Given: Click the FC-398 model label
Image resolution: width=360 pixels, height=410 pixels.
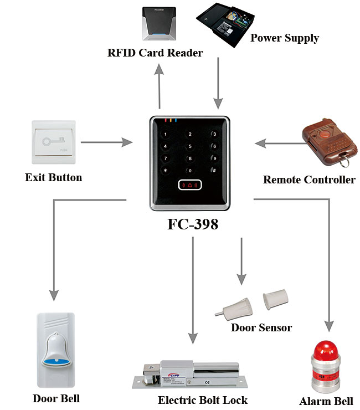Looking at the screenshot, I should (x=191, y=224).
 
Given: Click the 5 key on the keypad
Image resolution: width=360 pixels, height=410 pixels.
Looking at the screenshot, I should (x=190, y=146).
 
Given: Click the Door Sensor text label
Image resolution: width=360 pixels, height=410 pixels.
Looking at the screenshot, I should (x=261, y=327).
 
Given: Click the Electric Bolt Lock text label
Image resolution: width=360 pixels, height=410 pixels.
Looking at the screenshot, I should (x=202, y=400).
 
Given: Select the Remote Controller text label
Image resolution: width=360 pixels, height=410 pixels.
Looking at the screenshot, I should (x=309, y=180).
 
